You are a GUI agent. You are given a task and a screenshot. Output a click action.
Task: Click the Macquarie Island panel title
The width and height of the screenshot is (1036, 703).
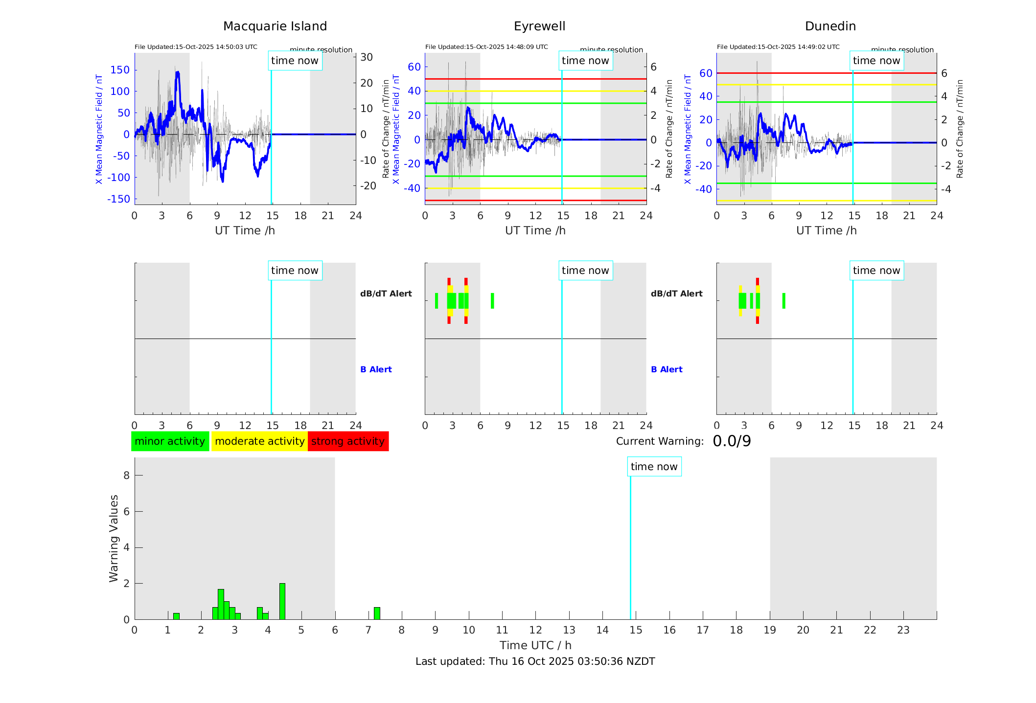(x=275, y=26)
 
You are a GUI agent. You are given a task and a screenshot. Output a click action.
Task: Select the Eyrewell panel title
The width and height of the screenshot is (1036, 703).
(x=539, y=26)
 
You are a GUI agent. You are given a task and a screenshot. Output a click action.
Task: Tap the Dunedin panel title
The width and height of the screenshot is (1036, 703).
(x=830, y=26)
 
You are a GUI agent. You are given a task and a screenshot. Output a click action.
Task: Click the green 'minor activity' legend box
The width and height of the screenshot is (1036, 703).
(x=170, y=441)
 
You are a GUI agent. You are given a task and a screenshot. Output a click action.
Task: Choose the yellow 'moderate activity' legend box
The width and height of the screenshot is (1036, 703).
(x=259, y=441)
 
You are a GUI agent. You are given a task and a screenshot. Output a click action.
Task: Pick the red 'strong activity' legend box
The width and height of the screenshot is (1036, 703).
(x=348, y=441)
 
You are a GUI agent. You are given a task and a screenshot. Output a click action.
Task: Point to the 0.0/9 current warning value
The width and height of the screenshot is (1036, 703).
(x=732, y=441)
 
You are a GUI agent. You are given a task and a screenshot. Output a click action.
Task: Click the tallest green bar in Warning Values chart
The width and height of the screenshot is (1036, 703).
(x=282, y=601)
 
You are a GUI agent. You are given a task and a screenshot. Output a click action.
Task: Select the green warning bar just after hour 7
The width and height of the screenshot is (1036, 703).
(x=377, y=613)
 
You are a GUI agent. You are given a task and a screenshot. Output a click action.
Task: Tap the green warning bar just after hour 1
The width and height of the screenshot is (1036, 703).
(x=176, y=616)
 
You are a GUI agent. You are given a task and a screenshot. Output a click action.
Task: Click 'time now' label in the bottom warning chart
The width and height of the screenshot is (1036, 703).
(x=654, y=467)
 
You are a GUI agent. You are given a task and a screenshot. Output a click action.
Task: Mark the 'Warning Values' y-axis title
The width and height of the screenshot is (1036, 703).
(x=114, y=538)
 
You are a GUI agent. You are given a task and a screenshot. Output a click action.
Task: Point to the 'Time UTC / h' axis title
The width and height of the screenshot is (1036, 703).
(x=535, y=645)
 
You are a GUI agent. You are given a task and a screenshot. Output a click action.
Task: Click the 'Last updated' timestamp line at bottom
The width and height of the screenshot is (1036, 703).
(x=535, y=661)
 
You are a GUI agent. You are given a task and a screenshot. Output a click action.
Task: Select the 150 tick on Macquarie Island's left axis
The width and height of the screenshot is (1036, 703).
(x=120, y=70)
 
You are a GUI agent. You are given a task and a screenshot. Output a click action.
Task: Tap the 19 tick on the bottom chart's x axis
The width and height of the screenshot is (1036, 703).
(x=770, y=630)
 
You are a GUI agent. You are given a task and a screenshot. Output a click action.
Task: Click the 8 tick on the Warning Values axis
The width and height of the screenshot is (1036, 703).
(x=126, y=475)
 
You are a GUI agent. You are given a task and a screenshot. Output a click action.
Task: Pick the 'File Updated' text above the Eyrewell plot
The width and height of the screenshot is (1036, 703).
(x=486, y=47)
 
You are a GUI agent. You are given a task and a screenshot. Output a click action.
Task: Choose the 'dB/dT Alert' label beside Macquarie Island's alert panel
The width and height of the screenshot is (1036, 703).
(x=386, y=294)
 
